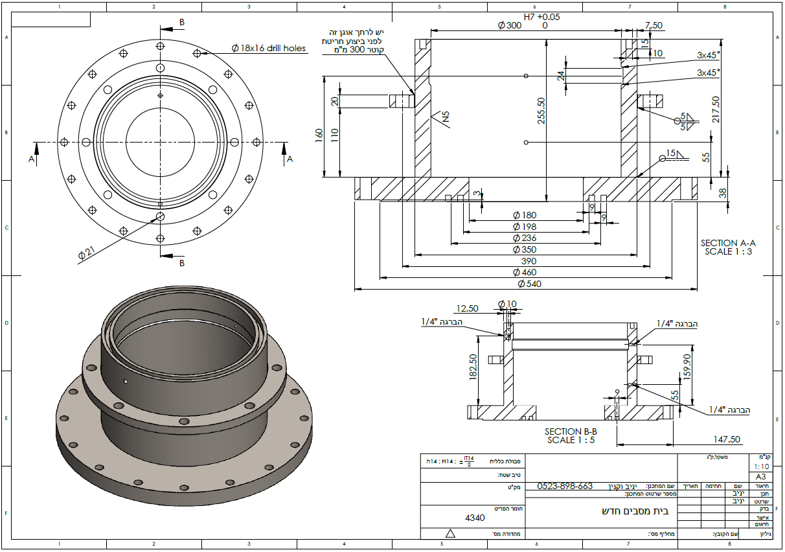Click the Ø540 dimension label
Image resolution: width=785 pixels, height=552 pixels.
point(529,284)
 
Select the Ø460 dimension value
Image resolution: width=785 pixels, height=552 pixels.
point(525,273)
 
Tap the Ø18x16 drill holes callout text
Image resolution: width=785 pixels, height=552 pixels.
point(269,48)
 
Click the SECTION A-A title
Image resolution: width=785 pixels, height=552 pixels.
point(728,243)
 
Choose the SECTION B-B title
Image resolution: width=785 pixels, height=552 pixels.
point(571,431)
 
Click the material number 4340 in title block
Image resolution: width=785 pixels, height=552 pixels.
point(475,518)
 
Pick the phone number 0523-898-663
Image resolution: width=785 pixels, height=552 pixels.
point(565,486)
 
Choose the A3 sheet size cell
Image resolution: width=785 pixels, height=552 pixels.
point(760,476)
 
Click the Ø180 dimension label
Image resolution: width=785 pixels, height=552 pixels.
point(525,215)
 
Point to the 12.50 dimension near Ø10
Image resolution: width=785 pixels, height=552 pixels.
point(467,309)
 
